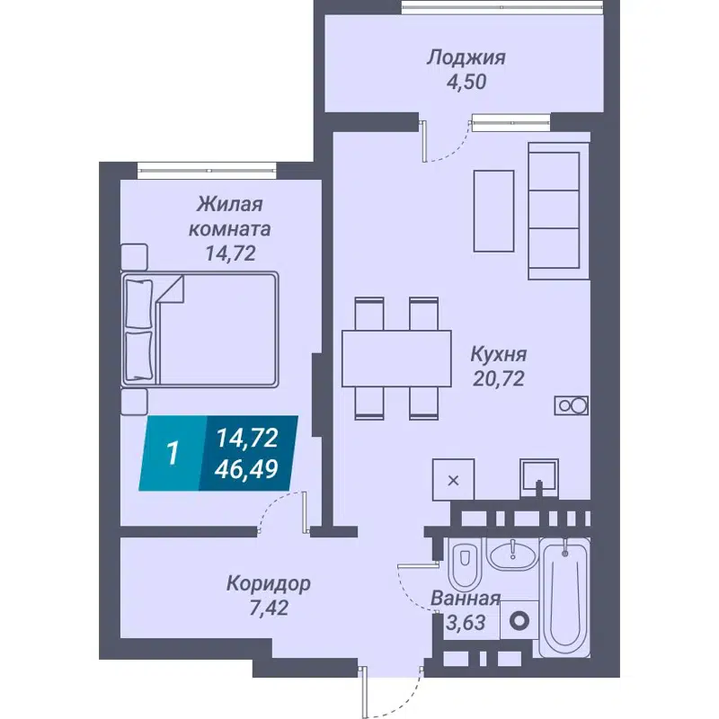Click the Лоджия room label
[466, 58]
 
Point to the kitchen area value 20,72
[499, 378]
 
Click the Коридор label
[269, 583]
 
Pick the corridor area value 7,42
[269, 608]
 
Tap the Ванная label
[465, 599]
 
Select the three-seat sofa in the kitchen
[553, 209]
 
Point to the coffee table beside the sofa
[493, 209]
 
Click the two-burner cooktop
[571, 405]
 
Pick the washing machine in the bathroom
[519, 620]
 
